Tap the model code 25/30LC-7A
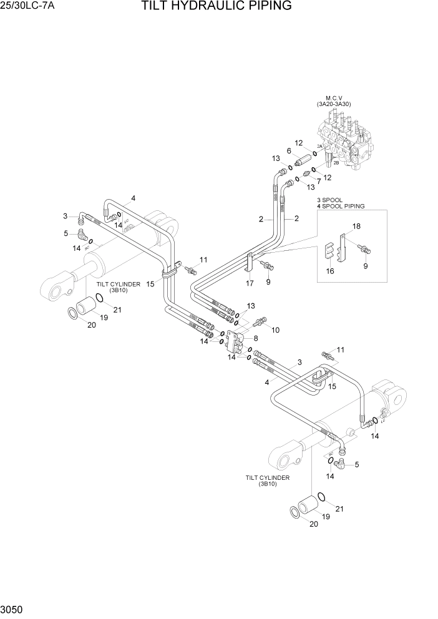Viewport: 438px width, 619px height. pyautogui.click(x=28, y=7)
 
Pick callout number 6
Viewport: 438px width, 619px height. pyautogui.click(x=289, y=150)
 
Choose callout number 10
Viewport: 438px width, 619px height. pyautogui.click(x=275, y=329)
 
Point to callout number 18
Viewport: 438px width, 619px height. pyautogui.click(x=356, y=226)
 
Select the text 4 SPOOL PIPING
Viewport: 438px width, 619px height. pyautogui.click(x=341, y=205)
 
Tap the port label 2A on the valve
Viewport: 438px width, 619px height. pyautogui.click(x=319, y=146)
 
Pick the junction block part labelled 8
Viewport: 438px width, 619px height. pyautogui.click(x=240, y=341)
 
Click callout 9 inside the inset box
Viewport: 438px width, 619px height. pyautogui.click(x=366, y=265)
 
